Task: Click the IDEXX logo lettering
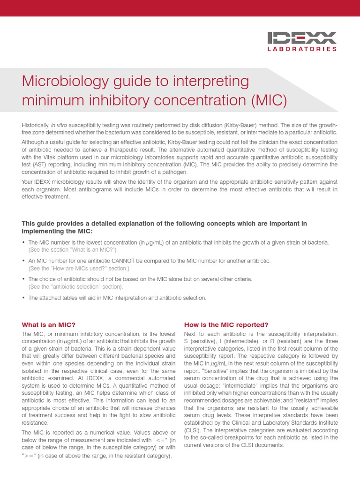coord(302,37)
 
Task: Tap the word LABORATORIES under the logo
coord(302,49)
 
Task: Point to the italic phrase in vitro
coord(60,125)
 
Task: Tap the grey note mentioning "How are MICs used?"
coord(78,268)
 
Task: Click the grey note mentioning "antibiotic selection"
coord(76,286)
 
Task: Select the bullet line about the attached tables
coord(117,298)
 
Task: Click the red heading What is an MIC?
coord(49,325)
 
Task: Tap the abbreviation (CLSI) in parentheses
coord(192,430)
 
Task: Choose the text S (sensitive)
coord(198,341)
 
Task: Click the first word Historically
coord(36,125)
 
